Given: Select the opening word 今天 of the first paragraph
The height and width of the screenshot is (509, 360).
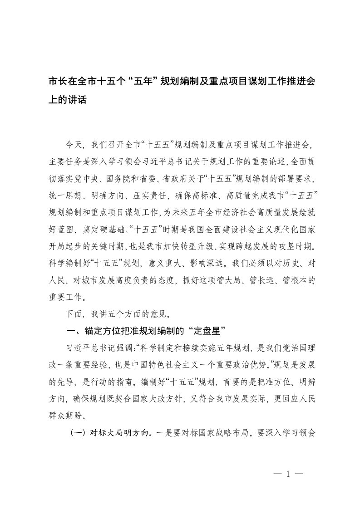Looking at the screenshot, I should pos(73,145).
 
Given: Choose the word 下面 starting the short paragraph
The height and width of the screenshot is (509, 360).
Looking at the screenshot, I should pos(73,313).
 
